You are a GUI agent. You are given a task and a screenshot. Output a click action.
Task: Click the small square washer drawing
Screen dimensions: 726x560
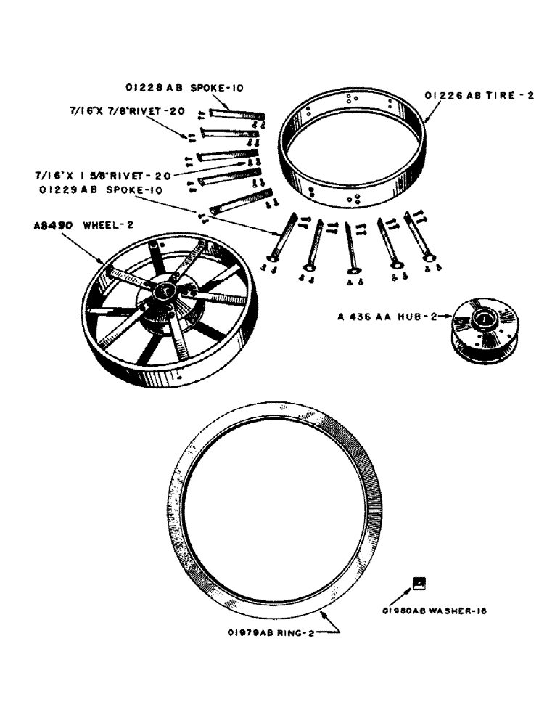pos(419,582)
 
